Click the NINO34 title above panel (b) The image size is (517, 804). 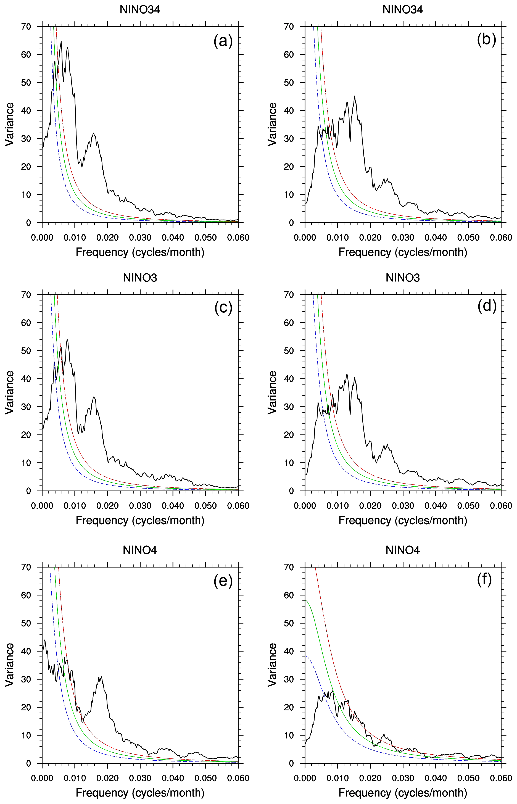click(402, 9)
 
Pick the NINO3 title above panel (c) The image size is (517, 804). click(140, 278)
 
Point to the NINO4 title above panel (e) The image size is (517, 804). click(140, 550)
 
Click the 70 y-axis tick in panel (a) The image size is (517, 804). click(26, 27)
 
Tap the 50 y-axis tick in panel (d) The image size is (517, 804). click(289, 351)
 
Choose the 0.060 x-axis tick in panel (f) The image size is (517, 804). click(501, 778)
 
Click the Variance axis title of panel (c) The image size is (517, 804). click(10, 392)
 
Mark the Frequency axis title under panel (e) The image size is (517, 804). click(140, 793)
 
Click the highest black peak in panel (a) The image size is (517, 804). click(61, 42)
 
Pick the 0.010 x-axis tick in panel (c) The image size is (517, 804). click(75, 506)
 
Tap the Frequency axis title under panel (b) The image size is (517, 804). click(402, 252)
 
